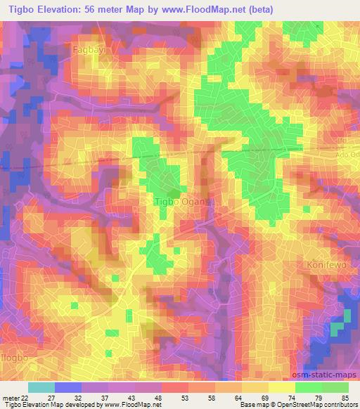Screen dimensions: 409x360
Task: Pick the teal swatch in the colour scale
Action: click(x=41, y=387)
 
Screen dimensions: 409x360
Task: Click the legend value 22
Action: click(x=25, y=398)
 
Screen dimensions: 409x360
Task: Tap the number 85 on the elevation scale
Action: click(x=344, y=398)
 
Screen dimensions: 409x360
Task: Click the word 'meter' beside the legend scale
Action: click(x=10, y=398)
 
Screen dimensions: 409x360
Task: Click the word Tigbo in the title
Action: click(x=18, y=10)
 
